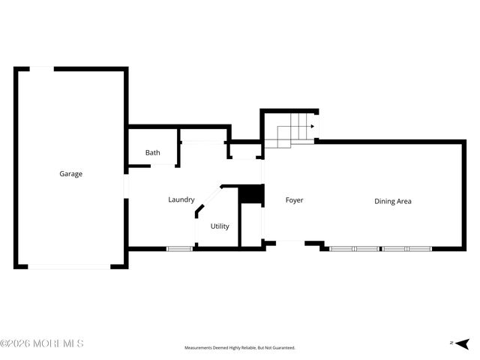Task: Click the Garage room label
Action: click(x=71, y=174)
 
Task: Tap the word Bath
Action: click(x=152, y=153)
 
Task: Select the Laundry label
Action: click(x=181, y=199)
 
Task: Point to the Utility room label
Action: click(x=220, y=226)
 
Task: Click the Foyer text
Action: click(x=294, y=200)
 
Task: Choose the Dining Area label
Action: click(x=393, y=201)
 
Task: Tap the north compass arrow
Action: click(x=463, y=343)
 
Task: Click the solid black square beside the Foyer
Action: click(x=251, y=195)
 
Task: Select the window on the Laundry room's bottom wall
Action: click(x=179, y=249)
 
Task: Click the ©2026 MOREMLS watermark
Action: click(x=42, y=343)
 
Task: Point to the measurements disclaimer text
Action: click(x=240, y=348)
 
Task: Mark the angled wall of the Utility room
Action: click(x=208, y=201)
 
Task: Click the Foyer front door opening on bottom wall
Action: click(x=290, y=241)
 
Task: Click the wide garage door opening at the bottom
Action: click(x=69, y=266)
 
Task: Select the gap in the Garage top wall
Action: click(x=41, y=69)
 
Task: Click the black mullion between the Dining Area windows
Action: click(x=380, y=248)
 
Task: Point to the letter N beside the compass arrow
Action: click(x=451, y=343)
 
